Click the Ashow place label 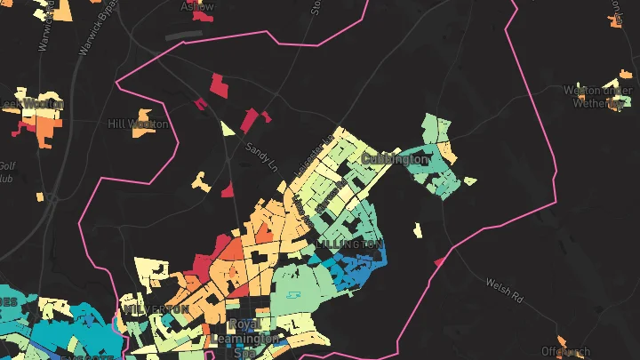[x=197, y=6]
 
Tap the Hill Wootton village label [x=138, y=124]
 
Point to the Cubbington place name [x=395, y=159]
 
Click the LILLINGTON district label [x=349, y=243]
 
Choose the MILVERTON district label [x=156, y=308]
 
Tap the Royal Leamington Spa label [x=243, y=339]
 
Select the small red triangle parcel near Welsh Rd [x=439, y=261]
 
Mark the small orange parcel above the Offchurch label [x=562, y=339]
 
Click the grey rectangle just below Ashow [x=184, y=35]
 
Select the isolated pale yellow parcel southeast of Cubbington [x=417, y=230]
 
